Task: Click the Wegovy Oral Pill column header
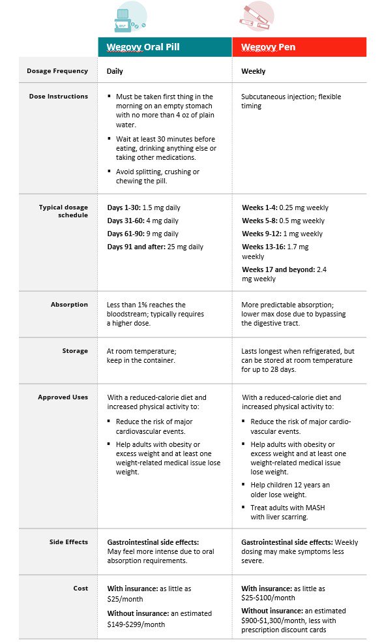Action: (x=143, y=47)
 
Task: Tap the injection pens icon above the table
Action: (x=256, y=17)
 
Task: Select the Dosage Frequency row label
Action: (x=57, y=70)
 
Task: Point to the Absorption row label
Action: (x=69, y=305)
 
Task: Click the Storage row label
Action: (x=75, y=350)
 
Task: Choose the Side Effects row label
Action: (x=68, y=542)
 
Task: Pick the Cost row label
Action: (x=80, y=588)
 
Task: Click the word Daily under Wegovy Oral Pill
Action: (x=115, y=71)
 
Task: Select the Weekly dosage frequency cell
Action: (x=253, y=71)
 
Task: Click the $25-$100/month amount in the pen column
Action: (x=268, y=598)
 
